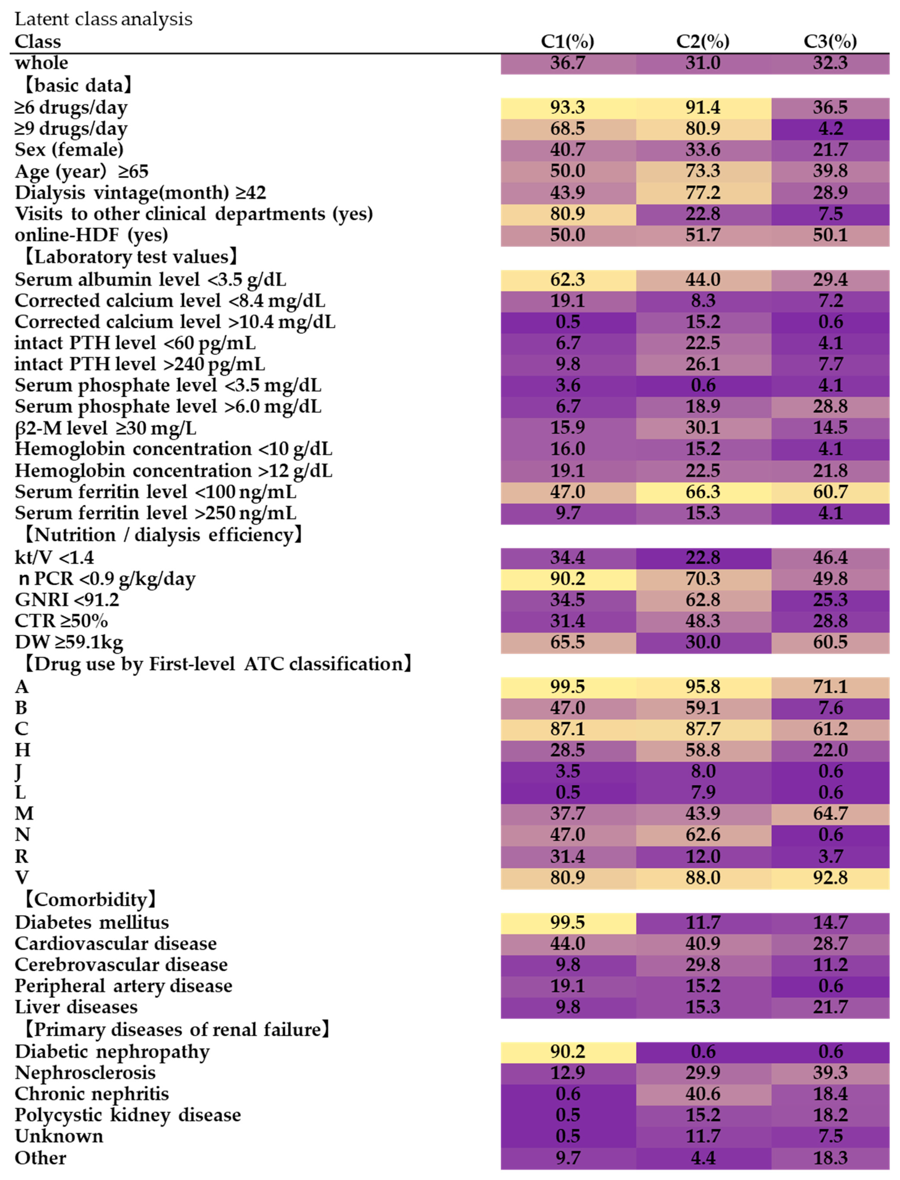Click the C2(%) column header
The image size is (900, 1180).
pyautogui.click(x=702, y=41)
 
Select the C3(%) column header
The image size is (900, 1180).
pyautogui.click(x=830, y=41)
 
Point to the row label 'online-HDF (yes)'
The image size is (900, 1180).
pyautogui.click(x=91, y=235)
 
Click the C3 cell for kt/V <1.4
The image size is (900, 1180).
pyautogui.click(x=830, y=557)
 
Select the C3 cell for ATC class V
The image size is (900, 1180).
pyautogui.click(x=830, y=877)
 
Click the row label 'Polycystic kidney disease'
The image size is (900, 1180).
pyautogui.click(x=127, y=1115)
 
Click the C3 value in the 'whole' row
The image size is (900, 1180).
pyautogui.click(x=830, y=63)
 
